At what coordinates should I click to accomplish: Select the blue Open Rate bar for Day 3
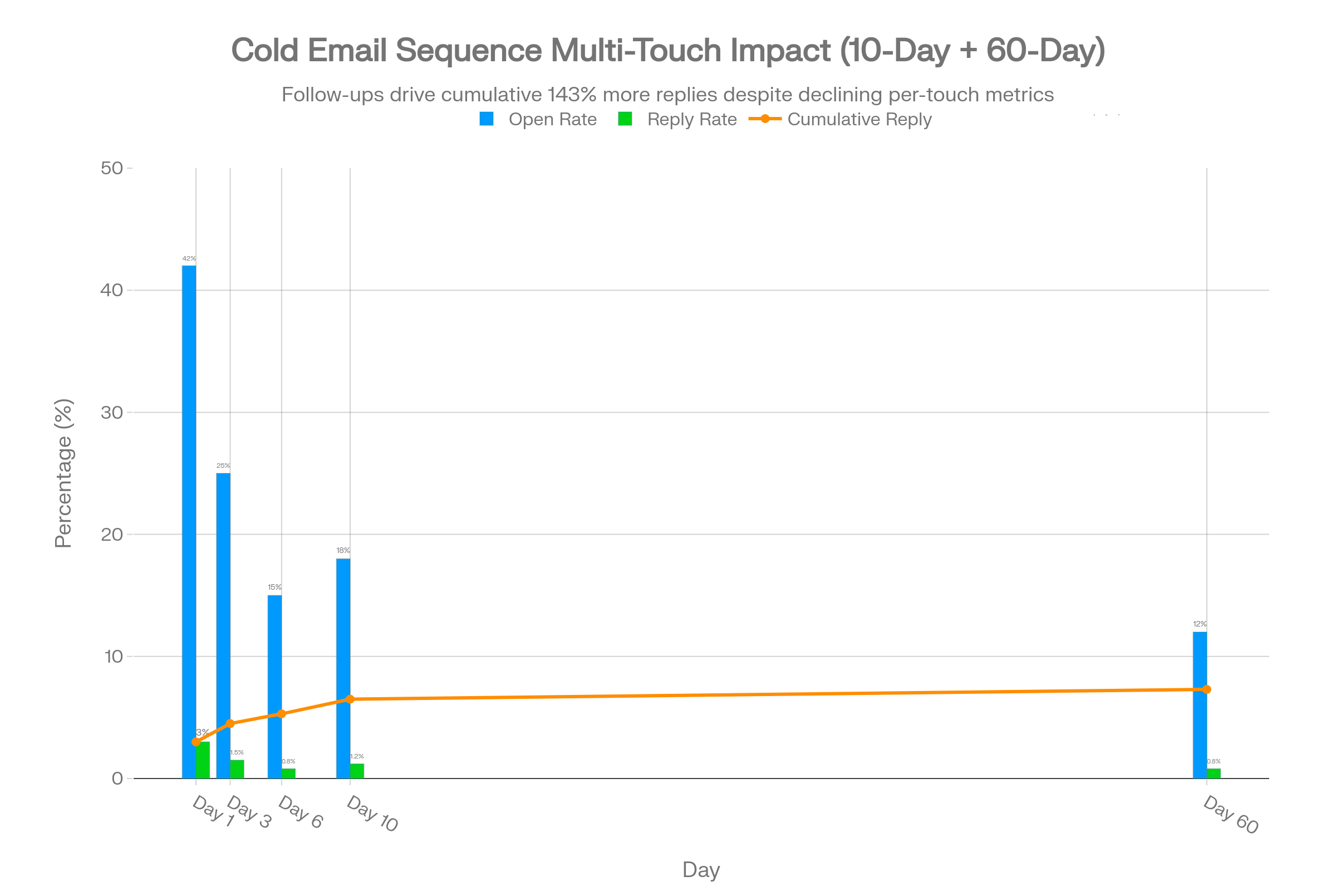coord(223,625)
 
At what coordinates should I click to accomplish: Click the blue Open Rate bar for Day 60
coord(1199,704)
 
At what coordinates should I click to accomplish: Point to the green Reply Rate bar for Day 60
coord(1214,773)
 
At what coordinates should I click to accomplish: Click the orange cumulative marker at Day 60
coord(1207,689)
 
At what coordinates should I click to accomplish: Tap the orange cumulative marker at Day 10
coord(350,699)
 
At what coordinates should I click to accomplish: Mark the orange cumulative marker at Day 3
coord(230,723)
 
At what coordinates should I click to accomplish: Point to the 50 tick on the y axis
coord(112,168)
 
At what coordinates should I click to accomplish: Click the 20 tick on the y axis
coord(112,534)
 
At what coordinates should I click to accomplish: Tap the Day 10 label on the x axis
coord(372,814)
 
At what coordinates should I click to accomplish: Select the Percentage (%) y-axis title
coord(63,473)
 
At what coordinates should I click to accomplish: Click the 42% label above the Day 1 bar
coord(189,258)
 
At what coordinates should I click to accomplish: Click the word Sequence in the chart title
coord(469,50)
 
